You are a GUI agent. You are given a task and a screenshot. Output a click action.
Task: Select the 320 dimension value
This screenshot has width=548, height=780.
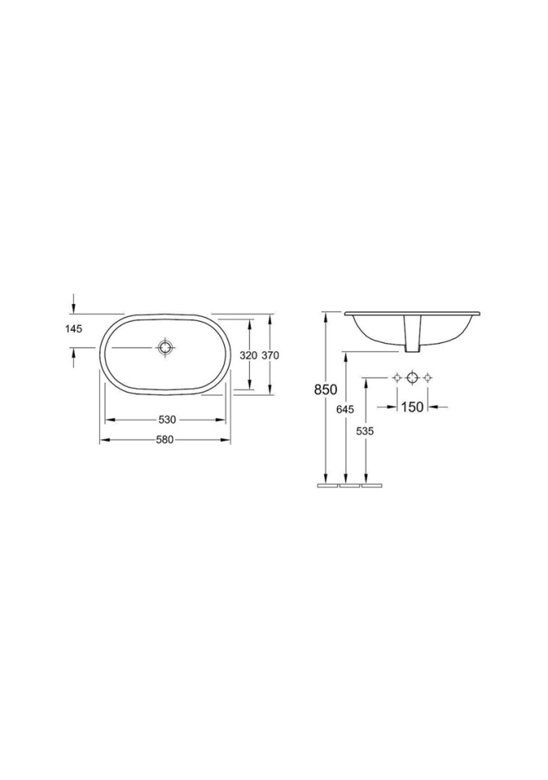(x=248, y=355)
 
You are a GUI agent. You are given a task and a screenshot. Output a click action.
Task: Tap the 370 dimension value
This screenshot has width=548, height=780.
(x=270, y=355)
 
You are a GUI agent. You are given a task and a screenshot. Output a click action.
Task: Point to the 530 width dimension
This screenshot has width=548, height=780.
(x=167, y=420)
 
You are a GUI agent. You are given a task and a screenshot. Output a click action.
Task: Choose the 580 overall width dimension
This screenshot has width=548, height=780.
(x=165, y=440)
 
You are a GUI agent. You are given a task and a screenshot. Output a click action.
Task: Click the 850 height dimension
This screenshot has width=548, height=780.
(x=326, y=390)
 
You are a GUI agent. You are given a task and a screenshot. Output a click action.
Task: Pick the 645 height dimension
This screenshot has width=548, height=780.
(x=345, y=409)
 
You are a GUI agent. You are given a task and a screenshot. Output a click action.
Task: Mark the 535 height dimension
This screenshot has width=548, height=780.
(x=365, y=431)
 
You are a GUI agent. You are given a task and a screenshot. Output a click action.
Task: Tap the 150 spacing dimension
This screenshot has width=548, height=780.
(x=412, y=407)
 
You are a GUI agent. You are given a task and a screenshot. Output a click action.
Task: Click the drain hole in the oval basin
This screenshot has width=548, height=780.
(x=165, y=347)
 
